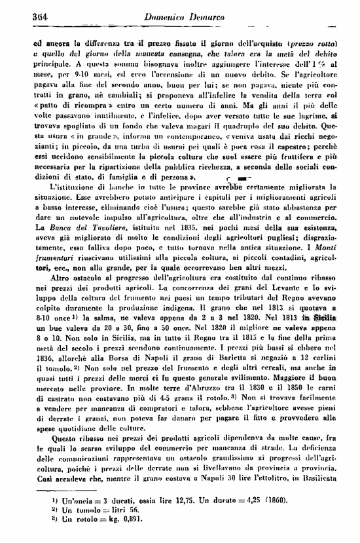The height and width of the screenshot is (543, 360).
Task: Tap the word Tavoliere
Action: pyautogui.click(x=95, y=225)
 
